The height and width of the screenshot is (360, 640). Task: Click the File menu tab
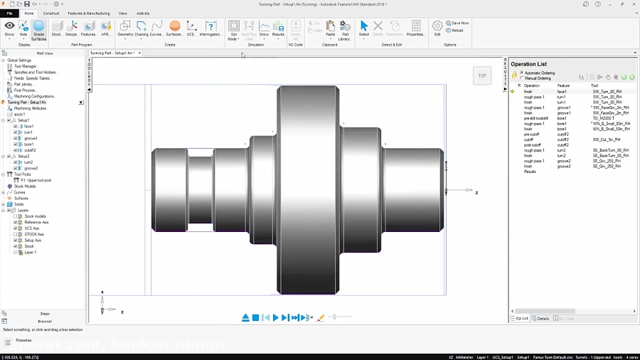pyautogui.click(x=10, y=13)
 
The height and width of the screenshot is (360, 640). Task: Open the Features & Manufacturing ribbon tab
pyautogui.click(x=88, y=13)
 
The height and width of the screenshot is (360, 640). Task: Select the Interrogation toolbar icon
pyautogui.click(x=210, y=28)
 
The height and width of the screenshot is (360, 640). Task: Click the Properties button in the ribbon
pyautogui.click(x=415, y=28)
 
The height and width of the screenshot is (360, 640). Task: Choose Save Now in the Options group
pyautogui.click(x=457, y=23)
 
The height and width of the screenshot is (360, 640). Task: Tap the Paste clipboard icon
pyautogui.click(x=330, y=28)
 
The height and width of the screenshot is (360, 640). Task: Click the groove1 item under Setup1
pyautogui.click(x=31, y=139)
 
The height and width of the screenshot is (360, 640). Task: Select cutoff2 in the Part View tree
pyautogui.click(x=30, y=151)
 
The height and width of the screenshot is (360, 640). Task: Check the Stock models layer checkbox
pyautogui.click(x=16, y=216)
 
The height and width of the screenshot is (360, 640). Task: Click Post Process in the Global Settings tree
pyautogui.click(x=25, y=90)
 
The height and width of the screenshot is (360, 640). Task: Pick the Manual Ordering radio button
pyautogui.click(x=522, y=78)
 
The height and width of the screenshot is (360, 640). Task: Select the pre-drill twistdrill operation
pyautogui.click(x=535, y=118)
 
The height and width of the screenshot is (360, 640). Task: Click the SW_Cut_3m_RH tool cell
pyautogui.click(x=607, y=139)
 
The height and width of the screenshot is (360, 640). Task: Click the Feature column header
pyautogui.click(x=563, y=85)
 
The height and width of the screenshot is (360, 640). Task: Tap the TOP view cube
pyautogui.click(x=482, y=75)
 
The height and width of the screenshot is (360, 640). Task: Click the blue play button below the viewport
pyautogui.click(x=276, y=318)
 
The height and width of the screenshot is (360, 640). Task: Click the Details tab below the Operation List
pyautogui.click(x=541, y=319)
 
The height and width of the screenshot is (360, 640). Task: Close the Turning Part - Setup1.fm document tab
pyautogui.click(x=139, y=53)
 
